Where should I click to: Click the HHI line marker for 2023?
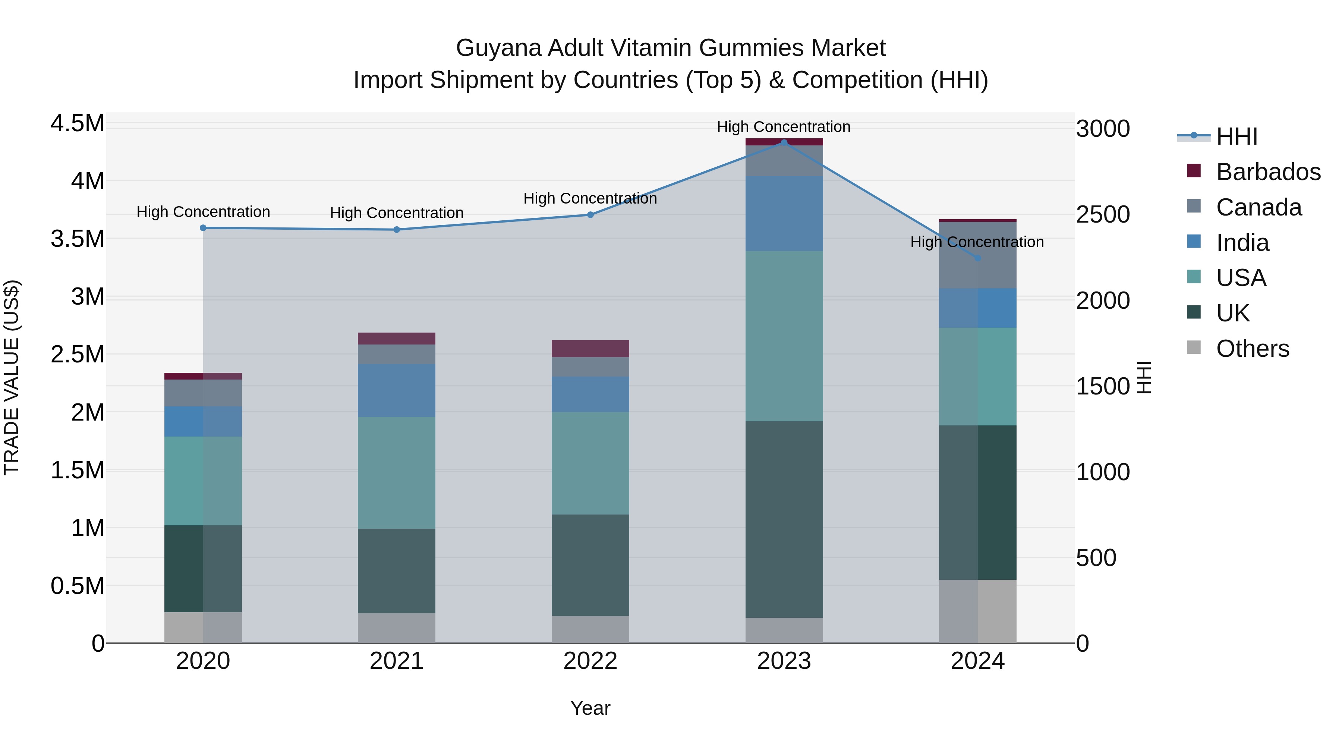[x=784, y=143]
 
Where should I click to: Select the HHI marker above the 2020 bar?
[x=203, y=228]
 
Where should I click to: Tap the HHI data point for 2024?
[x=977, y=258]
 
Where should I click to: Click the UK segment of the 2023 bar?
[x=784, y=519]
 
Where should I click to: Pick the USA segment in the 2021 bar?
[x=397, y=473]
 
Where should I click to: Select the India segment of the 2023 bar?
[x=784, y=214]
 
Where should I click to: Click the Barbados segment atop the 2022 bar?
[x=590, y=349]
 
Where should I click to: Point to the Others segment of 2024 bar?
[x=977, y=611]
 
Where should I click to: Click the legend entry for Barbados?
[x=1268, y=172]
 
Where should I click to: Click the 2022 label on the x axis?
[x=590, y=661]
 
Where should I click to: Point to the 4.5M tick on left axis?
[x=78, y=124]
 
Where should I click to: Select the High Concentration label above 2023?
[x=784, y=127]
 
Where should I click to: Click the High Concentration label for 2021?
[x=397, y=213]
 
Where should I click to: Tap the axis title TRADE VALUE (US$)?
[x=12, y=377]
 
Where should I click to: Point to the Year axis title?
[x=590, y=708]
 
